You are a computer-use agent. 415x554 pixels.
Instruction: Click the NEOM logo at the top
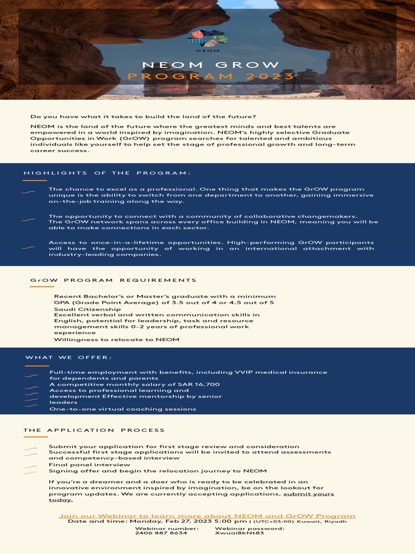[207, 39]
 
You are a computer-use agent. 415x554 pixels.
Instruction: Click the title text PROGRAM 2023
[211, 76]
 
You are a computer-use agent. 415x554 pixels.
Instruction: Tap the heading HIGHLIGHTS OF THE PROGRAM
[108, 173]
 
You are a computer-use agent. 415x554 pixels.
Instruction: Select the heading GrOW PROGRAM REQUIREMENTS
[113, 280]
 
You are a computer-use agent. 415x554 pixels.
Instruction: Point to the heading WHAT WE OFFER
[69, 357]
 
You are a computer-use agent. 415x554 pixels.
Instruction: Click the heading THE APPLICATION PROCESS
[94, 430]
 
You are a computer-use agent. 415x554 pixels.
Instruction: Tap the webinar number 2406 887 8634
[161, 533]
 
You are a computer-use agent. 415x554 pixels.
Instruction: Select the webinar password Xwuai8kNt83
[239, 533]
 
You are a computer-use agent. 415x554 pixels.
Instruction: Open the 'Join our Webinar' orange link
[207, 516]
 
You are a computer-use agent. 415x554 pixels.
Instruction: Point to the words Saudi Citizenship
[88, 309]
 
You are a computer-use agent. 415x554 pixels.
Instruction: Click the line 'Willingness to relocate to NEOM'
[116, 340]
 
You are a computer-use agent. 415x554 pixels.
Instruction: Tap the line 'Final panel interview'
[89, 464]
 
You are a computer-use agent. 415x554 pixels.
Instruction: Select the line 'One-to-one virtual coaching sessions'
[123, 409]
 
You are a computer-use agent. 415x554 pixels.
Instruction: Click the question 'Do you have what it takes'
[143, 117]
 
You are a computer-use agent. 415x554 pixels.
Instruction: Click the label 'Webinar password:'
[250, 527]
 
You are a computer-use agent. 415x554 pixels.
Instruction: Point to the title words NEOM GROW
[211, 65]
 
